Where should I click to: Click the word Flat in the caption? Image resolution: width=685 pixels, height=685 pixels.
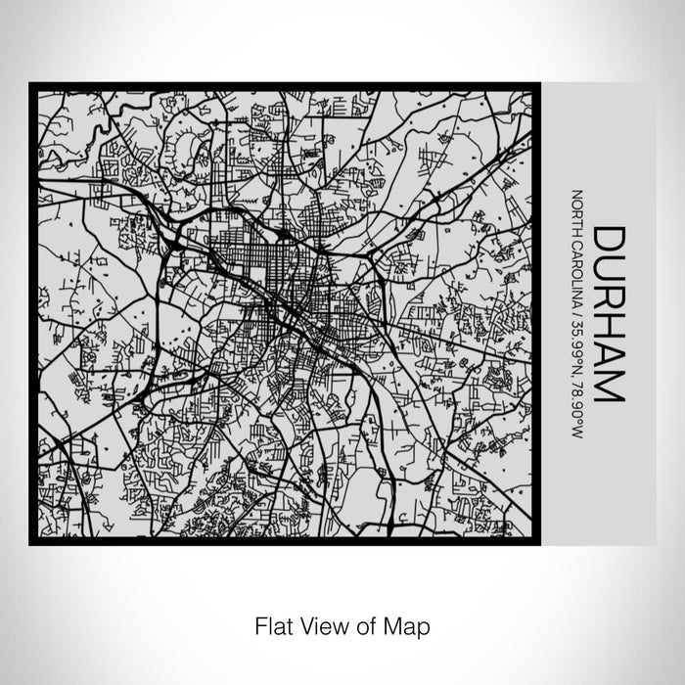(x=274, y=623)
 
